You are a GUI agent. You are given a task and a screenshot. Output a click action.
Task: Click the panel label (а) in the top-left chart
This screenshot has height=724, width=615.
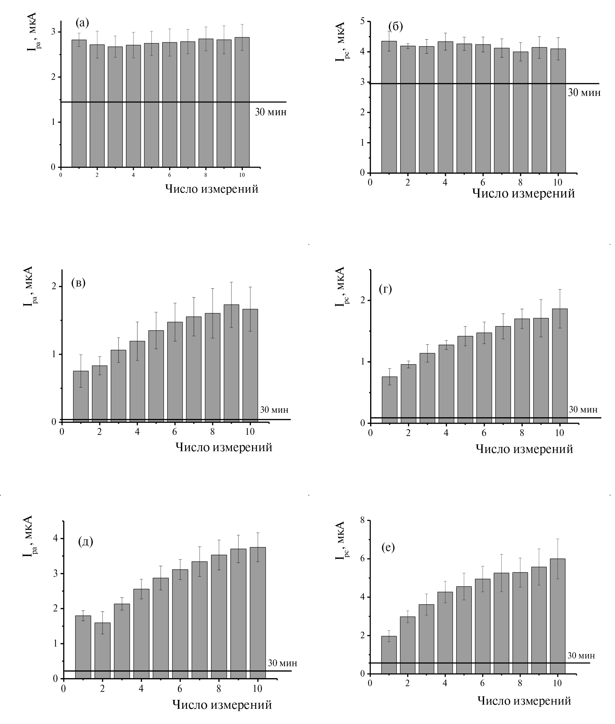82,23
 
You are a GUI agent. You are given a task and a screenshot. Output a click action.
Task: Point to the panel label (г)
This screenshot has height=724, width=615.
385,289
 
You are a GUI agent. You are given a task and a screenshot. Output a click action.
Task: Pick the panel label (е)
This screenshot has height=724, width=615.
388,547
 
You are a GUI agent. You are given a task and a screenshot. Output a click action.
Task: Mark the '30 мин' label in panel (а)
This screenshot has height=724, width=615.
270,112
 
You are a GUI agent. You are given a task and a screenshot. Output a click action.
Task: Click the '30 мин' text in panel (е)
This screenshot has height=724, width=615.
581,655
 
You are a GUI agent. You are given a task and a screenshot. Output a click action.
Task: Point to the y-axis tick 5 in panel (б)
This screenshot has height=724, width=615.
363,21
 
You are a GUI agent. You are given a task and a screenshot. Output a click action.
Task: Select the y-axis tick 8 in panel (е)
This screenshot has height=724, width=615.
363,521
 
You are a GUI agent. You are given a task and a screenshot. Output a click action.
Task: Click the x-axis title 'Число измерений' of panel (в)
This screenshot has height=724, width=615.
223,447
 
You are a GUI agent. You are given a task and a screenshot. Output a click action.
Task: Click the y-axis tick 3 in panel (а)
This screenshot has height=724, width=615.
54,32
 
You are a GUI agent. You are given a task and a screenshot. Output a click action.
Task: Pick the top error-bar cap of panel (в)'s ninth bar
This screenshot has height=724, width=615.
231,282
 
